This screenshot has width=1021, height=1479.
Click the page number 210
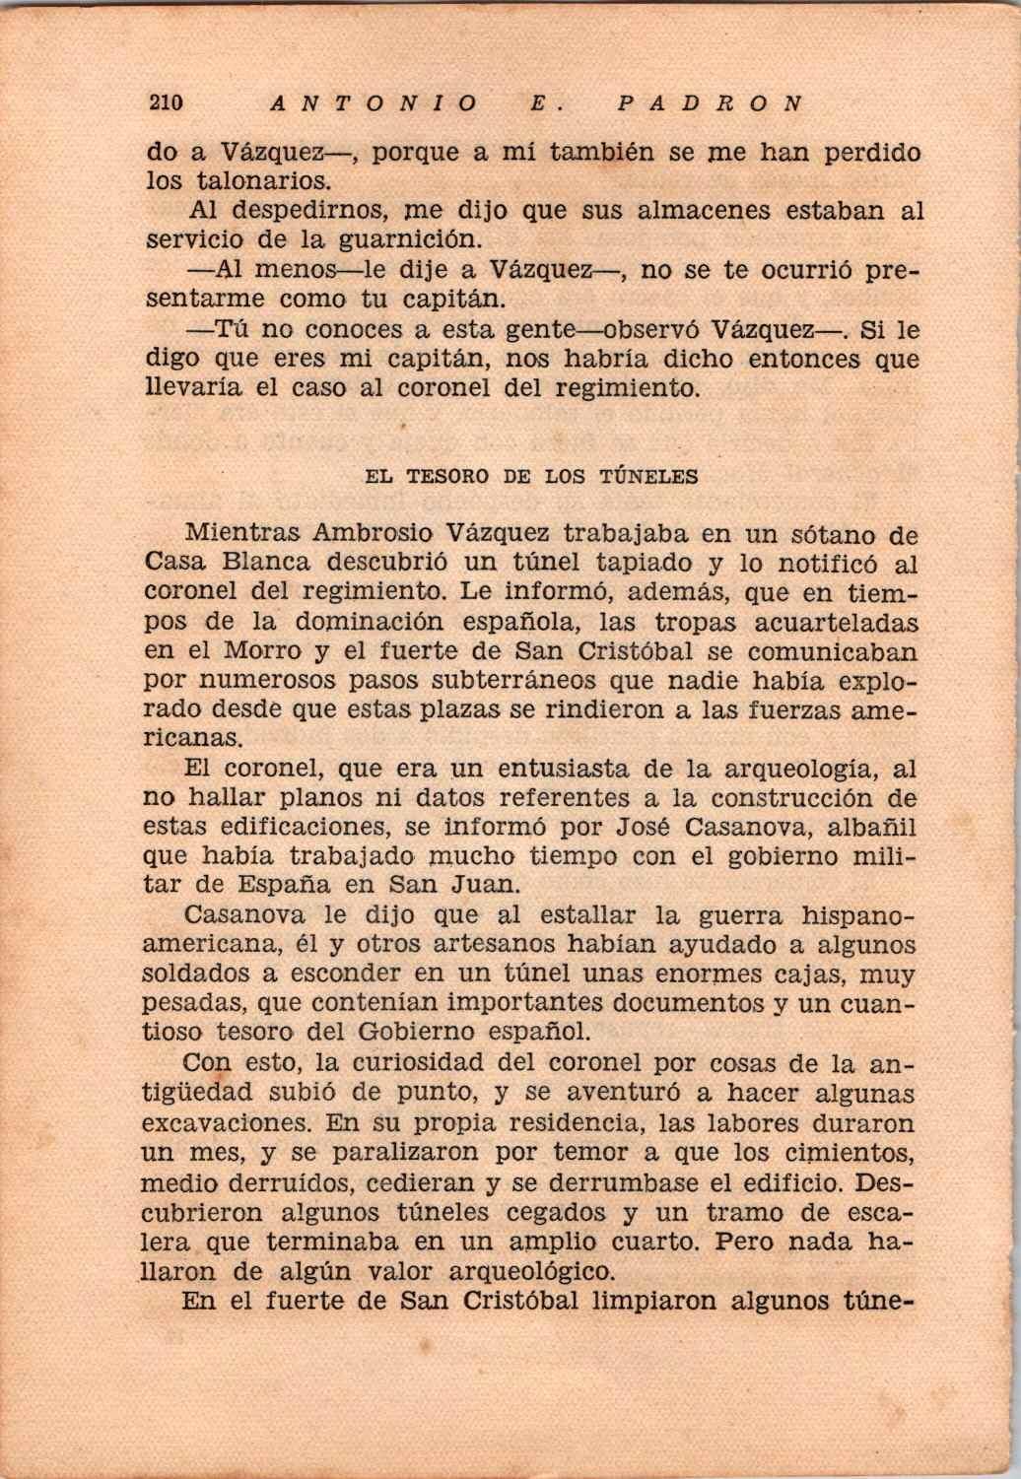pos(167,102)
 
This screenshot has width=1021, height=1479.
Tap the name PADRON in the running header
pos(707,102)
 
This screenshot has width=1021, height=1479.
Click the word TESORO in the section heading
pos(447,477)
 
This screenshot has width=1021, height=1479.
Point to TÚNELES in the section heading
pos(648,477)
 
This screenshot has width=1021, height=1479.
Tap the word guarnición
pos(409,239)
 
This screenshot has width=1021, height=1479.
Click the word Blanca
pos(266,564)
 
